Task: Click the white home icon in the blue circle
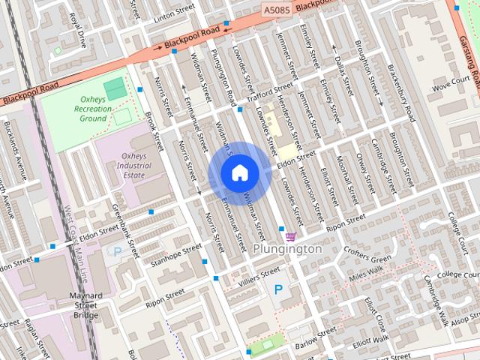click(239, 174)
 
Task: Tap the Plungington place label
click(286, 248)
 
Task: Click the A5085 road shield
click(275, 9)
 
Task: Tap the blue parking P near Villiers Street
click(279, 289)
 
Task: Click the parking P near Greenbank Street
click(117, 251)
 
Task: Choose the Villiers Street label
click(259, 274)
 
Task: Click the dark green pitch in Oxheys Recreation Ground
click(115, 89)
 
